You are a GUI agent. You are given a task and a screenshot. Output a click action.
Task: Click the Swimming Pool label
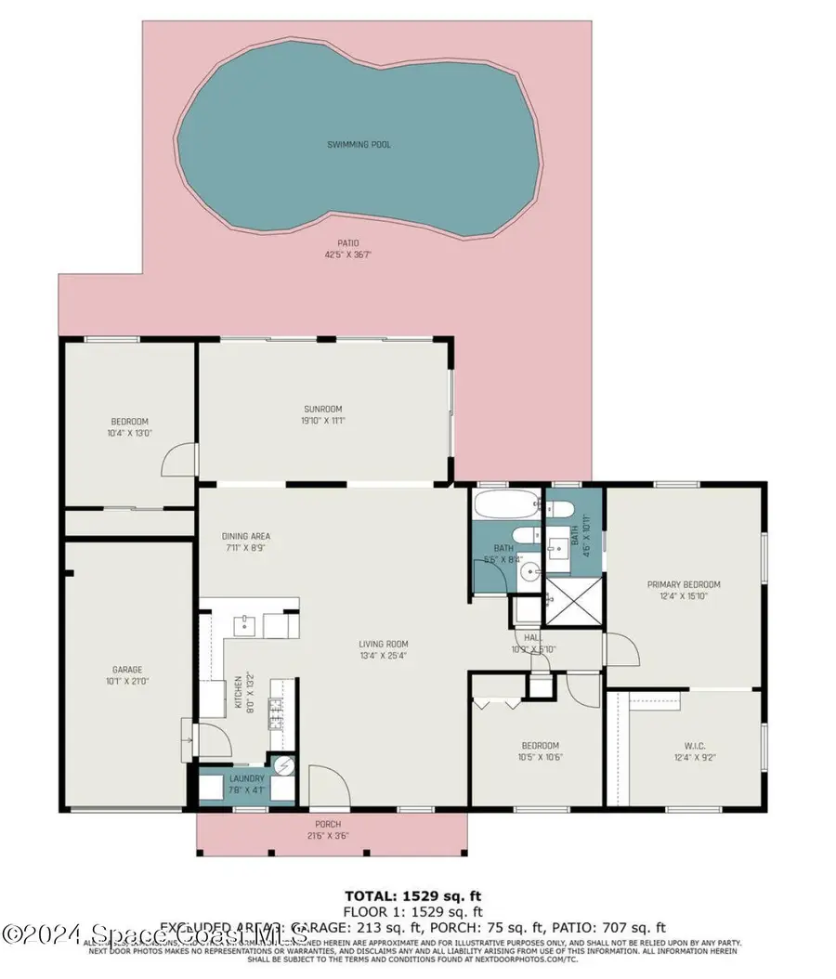359,145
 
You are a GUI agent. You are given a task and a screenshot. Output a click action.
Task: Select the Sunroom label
323,409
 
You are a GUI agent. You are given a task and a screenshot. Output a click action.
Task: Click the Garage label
127,670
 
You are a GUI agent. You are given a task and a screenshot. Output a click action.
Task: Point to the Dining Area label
246,536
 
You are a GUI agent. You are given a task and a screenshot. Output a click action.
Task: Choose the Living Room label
384,644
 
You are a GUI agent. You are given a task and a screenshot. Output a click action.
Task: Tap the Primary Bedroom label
684,584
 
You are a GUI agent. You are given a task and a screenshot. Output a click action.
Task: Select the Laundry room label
246,778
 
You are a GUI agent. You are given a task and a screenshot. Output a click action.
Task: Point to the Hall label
532,638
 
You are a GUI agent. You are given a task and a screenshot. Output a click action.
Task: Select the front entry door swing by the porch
327,785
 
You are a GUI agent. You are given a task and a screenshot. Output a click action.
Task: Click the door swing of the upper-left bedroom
180,459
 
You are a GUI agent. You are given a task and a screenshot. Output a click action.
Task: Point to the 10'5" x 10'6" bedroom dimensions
540,757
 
